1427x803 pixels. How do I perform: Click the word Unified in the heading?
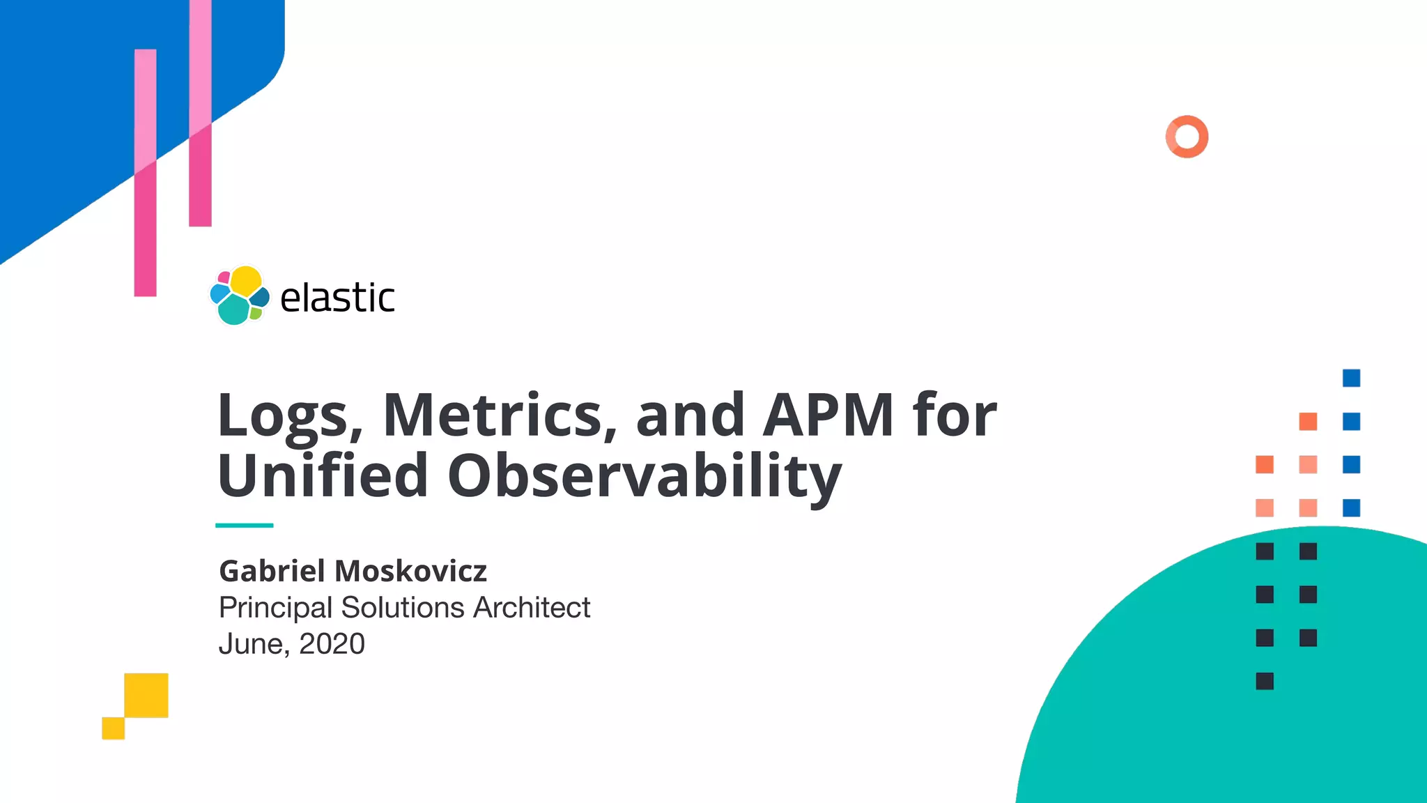[x=323, y=475]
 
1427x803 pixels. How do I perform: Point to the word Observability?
[x=645, y=477]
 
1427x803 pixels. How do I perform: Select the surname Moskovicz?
[x=411, y=571]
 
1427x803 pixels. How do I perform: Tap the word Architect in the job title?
[x=532, y=608]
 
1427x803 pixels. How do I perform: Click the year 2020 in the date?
[x=332, y=644]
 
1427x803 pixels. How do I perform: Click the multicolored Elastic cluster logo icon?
[x=239, y=296]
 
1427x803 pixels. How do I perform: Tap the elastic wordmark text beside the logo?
[x=337, y=298]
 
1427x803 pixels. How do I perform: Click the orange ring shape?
[x=1187, y=137]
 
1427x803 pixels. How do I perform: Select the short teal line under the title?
[x=244, y=525]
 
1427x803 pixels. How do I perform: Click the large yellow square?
[x=146, y=695]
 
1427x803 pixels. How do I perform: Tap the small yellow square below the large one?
[x=113, y=728]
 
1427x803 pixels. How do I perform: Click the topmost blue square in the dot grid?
[x=1351, y=378]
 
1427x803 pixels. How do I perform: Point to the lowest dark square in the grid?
[x=1265, y=681]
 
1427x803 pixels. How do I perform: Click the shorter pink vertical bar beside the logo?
[x=145, y=173]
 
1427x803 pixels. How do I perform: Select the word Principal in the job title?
[x=275, y=608]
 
